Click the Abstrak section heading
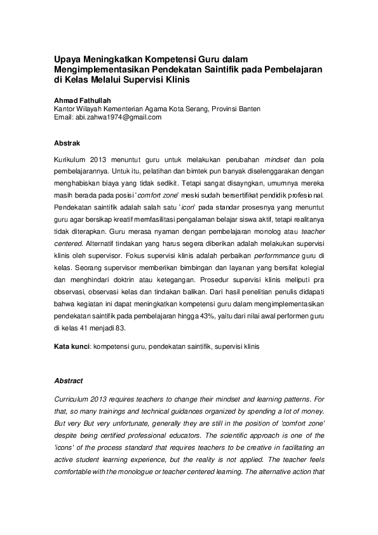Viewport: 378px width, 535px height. click(x=67, y=143)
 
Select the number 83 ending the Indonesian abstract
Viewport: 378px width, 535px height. click(x=120, y=328)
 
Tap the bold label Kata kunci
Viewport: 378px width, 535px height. click(x=72, y=348)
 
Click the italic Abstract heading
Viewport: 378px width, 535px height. click(x=69, y=381)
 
